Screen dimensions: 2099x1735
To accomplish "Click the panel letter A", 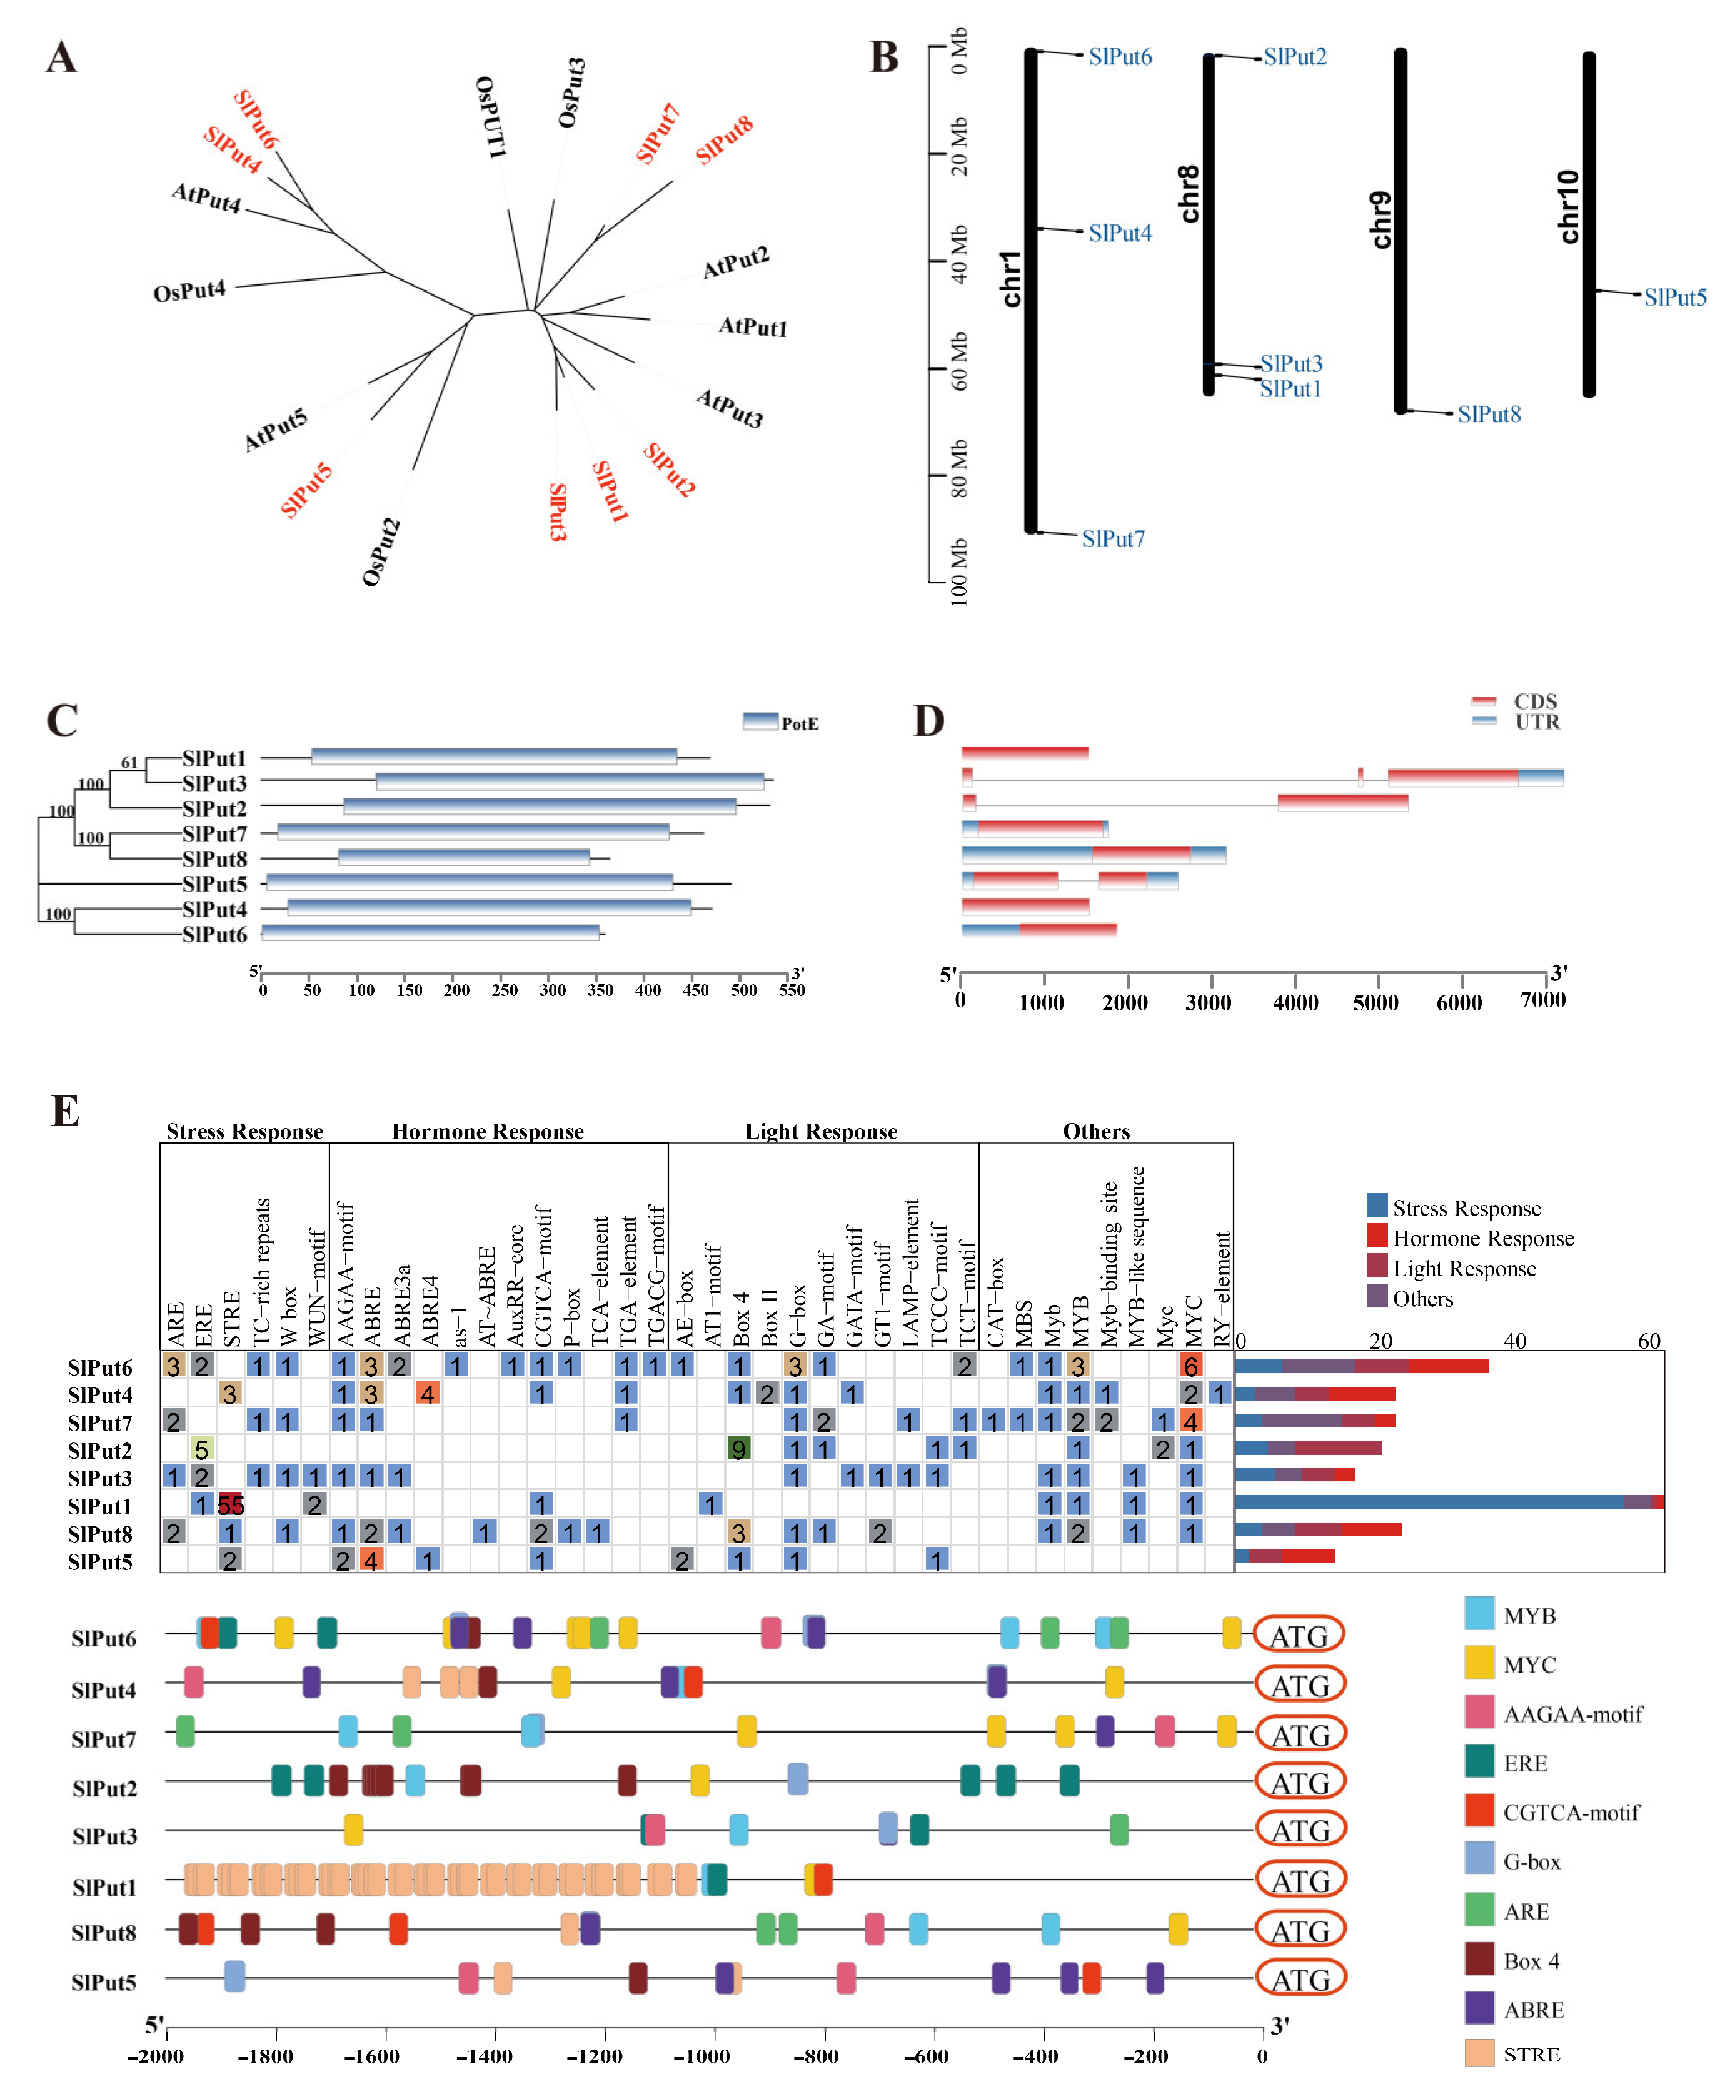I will click(61, 58).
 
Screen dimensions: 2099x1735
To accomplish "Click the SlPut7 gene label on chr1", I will click(1114, 539).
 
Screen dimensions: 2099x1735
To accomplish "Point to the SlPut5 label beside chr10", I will click(1675, 297).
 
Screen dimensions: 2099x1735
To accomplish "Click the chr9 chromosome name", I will click(1380, 220).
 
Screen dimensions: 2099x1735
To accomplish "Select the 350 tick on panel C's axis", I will click(600, 990).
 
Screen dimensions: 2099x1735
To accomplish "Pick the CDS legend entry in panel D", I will click(1515, 701).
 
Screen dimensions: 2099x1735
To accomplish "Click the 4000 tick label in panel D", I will click(1295, 1002).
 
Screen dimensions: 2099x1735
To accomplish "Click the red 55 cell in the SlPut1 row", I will click(231, 1505).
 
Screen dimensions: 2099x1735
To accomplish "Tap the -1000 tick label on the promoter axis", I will click(702, 2056).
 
